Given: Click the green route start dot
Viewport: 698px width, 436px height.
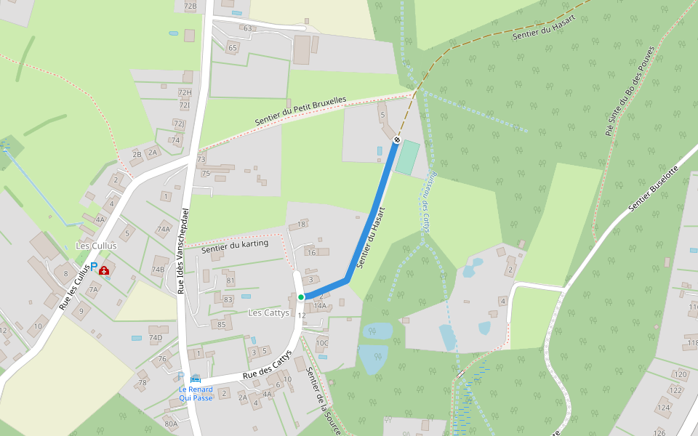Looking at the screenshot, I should tap(300, 297).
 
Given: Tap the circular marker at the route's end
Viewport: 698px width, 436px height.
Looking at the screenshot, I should tap(397, 140).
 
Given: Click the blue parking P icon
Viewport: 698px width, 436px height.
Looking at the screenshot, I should tap(93, 268).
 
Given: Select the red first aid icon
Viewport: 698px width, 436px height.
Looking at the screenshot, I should tap(104, 270).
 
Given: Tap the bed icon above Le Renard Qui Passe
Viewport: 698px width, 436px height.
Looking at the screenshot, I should tap(195, 379).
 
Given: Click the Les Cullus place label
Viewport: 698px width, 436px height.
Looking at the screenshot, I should tap(96, 246).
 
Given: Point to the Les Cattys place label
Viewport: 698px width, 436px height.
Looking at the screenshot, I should tap(268, 313).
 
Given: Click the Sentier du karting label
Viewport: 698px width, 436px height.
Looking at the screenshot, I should tap(235, 246).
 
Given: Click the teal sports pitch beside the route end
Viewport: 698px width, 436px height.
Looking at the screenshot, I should tap(408, 157).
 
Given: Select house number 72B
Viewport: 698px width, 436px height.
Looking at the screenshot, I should tap(190, 7).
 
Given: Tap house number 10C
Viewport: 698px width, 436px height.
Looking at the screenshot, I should tap(322, 343).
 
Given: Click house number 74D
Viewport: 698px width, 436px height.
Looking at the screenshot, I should tap(155, 338).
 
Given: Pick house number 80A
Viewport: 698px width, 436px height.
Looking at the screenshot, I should tap(171, 424).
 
